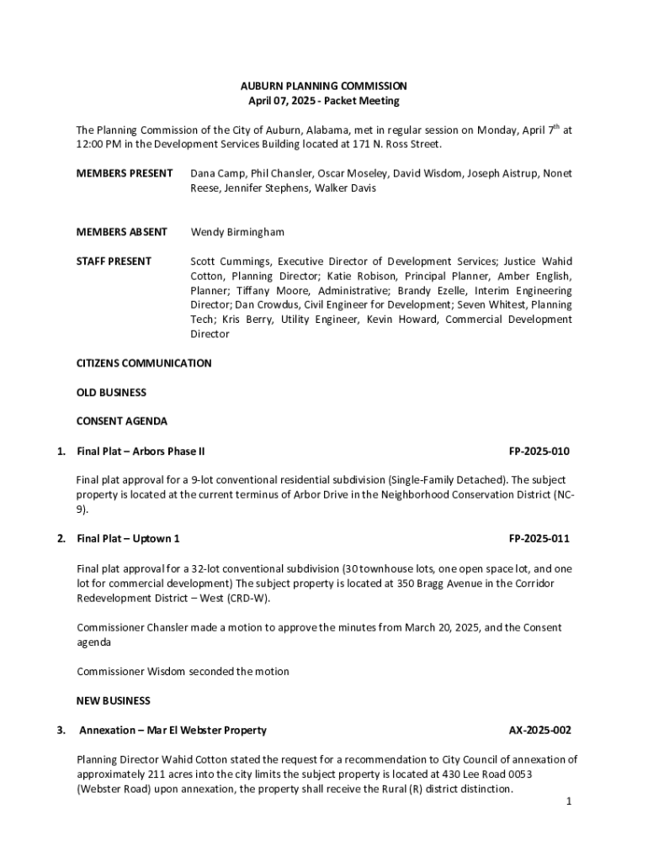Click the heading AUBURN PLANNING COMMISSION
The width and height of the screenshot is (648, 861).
(324, 86)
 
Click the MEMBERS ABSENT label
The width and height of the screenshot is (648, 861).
(122, 232)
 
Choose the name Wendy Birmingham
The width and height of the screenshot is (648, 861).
(237, 232)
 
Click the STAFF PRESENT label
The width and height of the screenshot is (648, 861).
(114, 261)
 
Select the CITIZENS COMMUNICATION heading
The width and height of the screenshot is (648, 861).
(144, 363)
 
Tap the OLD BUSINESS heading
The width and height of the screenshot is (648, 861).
(111, 393)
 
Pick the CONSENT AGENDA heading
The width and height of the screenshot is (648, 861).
(122, 421)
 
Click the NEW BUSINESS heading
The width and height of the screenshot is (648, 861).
(114, 701)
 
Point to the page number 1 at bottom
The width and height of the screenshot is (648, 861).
(569, 801)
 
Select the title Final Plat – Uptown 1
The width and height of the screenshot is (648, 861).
(128, 539)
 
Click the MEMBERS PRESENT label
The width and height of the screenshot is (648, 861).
(125, 173)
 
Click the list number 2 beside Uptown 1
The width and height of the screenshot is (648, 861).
(61, 539)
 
